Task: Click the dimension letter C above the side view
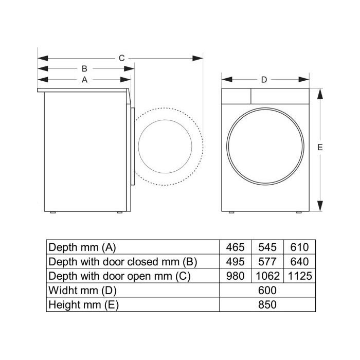tap(122, 58)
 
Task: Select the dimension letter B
tap(84, 68)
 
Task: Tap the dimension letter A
tap(84, 80)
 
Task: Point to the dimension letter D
tap(264, 80)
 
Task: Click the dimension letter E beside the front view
tap(320, 147)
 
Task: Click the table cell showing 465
tap(236, 247)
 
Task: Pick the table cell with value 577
tap(267, 261)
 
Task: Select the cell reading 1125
tap(300, 276)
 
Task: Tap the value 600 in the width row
tap(267, 291)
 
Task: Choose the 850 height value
tap(267, 304)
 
